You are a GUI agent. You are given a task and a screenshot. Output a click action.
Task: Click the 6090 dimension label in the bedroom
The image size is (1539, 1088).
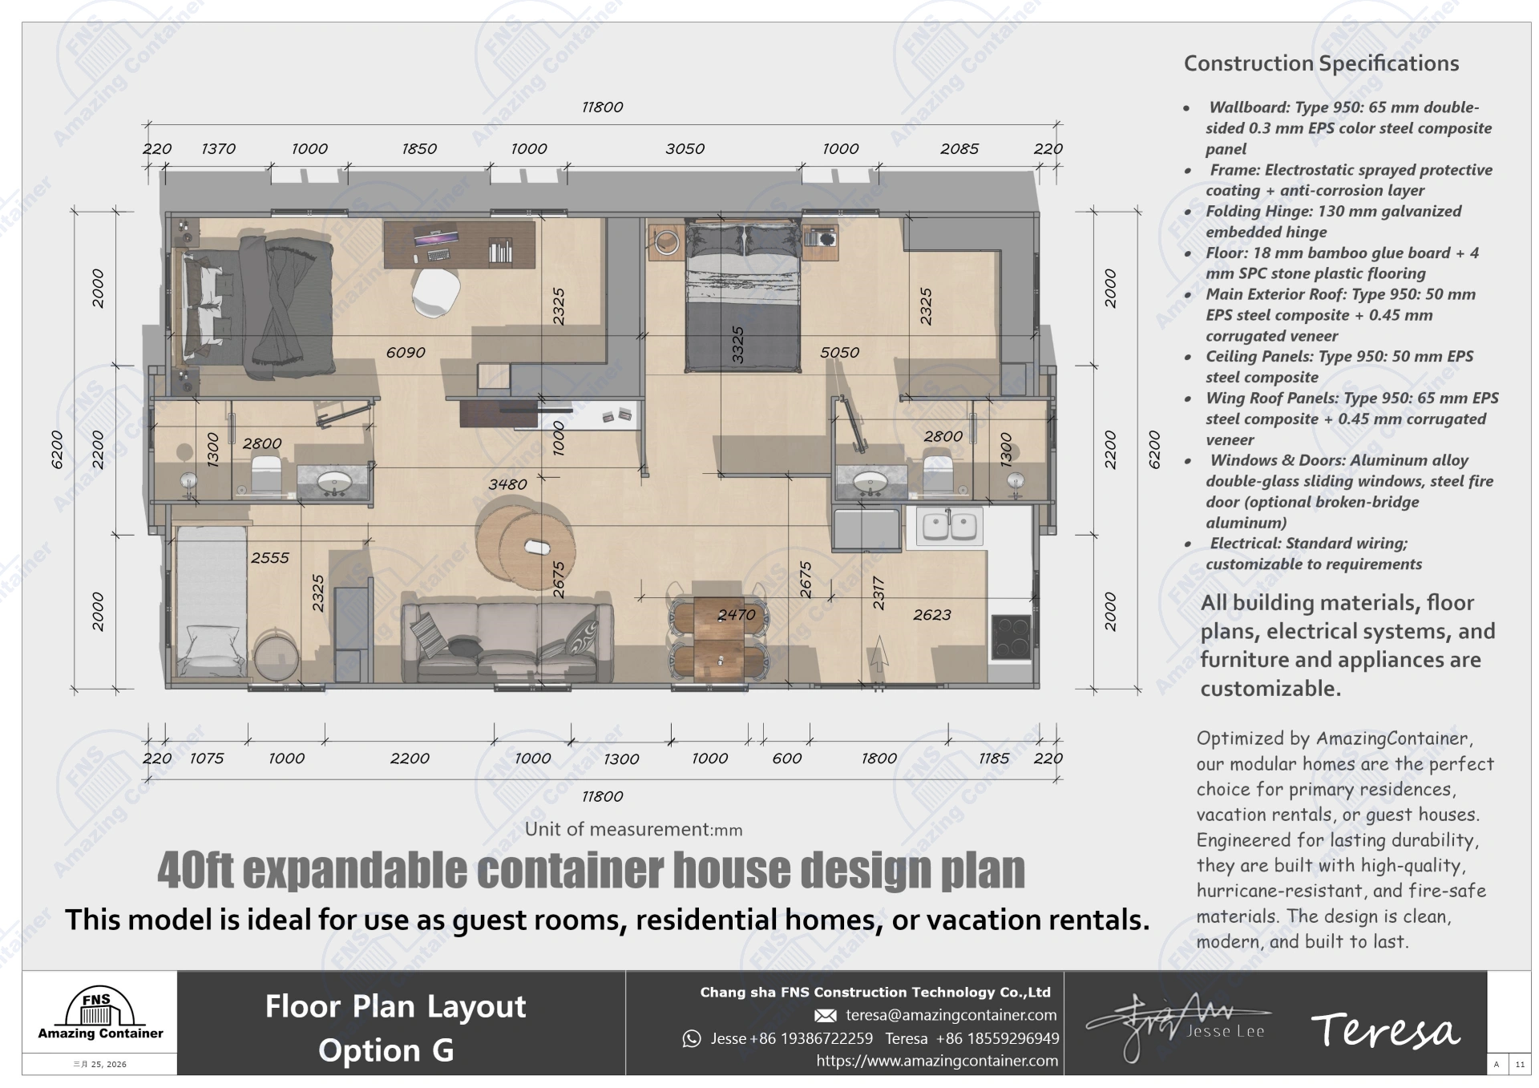click(x=406, y=352)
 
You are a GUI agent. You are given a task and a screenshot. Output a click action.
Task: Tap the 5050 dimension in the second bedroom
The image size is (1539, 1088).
click(x=839, y=352)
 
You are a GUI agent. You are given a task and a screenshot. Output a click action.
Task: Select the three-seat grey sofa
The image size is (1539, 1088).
click(x=507, y=641)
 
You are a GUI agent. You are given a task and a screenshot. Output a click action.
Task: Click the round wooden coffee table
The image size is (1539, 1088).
click(x=527, y=543)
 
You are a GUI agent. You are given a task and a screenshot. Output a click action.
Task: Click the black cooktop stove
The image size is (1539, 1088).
click(x=1011, y=637)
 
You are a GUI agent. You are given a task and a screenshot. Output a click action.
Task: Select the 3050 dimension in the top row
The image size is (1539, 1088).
click(x=685, y=149)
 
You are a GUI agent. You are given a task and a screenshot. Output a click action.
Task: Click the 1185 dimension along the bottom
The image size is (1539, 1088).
click(x=993, y=758)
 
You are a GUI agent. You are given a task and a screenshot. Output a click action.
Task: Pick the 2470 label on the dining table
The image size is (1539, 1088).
click(x=736, y=615)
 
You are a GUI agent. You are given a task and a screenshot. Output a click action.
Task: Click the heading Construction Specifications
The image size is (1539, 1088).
click(x=1321, y=63)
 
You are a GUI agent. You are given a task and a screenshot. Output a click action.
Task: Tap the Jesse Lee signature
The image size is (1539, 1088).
click(x=1178, y=1027)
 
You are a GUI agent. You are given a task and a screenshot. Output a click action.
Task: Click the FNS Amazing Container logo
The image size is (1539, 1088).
click(x=100, y=1016)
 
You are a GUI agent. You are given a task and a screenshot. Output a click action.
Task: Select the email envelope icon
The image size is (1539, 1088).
click(x=825, y=1016)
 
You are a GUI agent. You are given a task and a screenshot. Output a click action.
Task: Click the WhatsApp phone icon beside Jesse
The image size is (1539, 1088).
click(x=691, y=1039)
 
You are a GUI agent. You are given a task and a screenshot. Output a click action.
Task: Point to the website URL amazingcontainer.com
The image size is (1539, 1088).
click(x=937, y=1061)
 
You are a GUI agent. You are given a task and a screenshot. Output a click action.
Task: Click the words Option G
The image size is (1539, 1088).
click(x=386, y=1050)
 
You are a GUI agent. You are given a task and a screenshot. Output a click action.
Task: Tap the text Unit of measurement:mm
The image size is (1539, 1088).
click(x=633, y=830)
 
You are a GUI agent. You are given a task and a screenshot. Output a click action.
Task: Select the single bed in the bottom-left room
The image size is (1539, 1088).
click(x=210, y=601)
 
